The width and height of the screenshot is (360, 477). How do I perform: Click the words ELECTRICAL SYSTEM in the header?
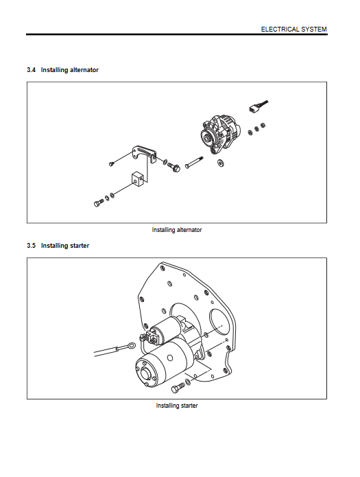point(293,30)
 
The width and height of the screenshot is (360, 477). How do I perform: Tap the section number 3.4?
point(31,70)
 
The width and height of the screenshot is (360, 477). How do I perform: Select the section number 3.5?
point(31,246)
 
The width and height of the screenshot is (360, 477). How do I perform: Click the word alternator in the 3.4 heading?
point(84,70)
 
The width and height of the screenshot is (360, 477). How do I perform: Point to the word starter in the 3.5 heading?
point(80,246)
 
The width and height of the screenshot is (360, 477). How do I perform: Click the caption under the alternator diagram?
point(177,230)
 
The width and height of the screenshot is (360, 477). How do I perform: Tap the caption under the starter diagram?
point(177,406)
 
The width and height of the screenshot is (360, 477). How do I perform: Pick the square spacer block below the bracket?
point(137,179)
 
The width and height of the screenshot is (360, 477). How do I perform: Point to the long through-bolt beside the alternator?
point(194,162)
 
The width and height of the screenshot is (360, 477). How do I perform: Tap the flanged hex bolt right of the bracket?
point(174,166)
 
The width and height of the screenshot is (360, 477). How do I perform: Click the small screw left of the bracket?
point(112,163)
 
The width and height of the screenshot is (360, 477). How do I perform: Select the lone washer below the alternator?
point(220,163)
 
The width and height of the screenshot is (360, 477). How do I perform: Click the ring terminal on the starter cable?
point(131,346)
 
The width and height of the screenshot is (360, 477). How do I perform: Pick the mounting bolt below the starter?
point(178,388)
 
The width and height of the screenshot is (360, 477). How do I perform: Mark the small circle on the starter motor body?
point(169,358)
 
